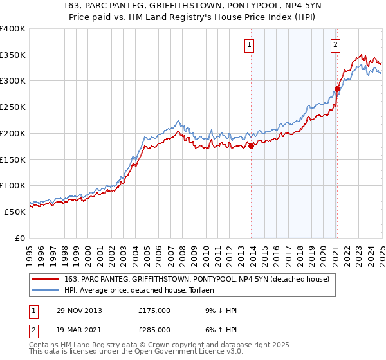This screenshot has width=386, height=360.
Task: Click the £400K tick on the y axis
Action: click(x=13, y=29)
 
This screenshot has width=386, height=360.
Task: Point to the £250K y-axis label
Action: click(x=13, y=107)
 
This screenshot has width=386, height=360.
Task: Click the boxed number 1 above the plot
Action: click(x=249, y=45)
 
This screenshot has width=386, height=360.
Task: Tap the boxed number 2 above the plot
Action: click(x=336, y=45)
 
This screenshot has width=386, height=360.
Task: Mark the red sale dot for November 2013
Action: click(x=251, y=147)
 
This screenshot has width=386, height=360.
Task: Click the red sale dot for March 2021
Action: click(x=336, y=89)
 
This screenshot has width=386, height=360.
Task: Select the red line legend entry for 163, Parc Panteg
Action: click(x=197, y=278)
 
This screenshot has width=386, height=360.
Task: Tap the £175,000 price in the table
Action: click(x=154, y=310)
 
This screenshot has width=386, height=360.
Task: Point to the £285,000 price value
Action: click(x=154, y=331)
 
